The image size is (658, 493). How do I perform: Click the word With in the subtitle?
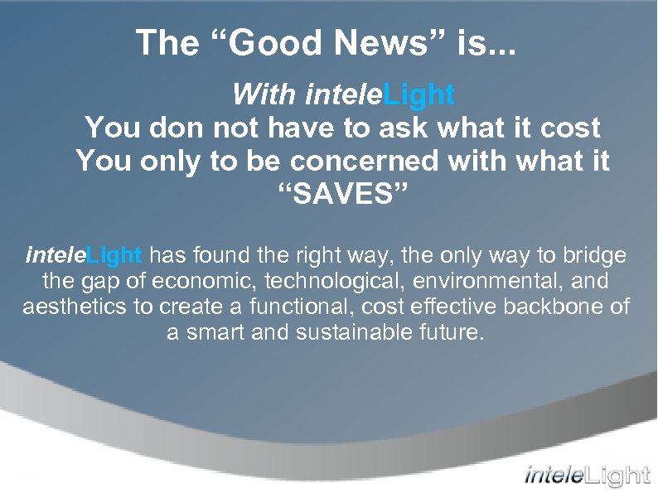[x=265, y=95]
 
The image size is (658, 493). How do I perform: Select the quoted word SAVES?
[x=341, y=196]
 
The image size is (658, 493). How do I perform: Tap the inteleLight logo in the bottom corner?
[x=587, y=476]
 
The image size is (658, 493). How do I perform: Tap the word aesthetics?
[x=75, y=307]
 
